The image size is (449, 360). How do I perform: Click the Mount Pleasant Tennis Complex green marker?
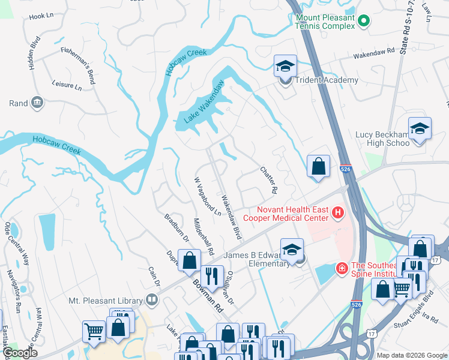click(x=363, y=22)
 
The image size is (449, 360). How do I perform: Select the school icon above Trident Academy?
click(x=286, y=66)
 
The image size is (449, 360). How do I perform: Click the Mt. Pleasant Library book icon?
click(x=153, y=300)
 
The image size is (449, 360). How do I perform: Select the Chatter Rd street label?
click(x=268, y=179)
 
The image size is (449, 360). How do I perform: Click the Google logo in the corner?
click(x=21, y=353)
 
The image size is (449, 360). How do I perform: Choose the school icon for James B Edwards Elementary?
click(x=292, y=250)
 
